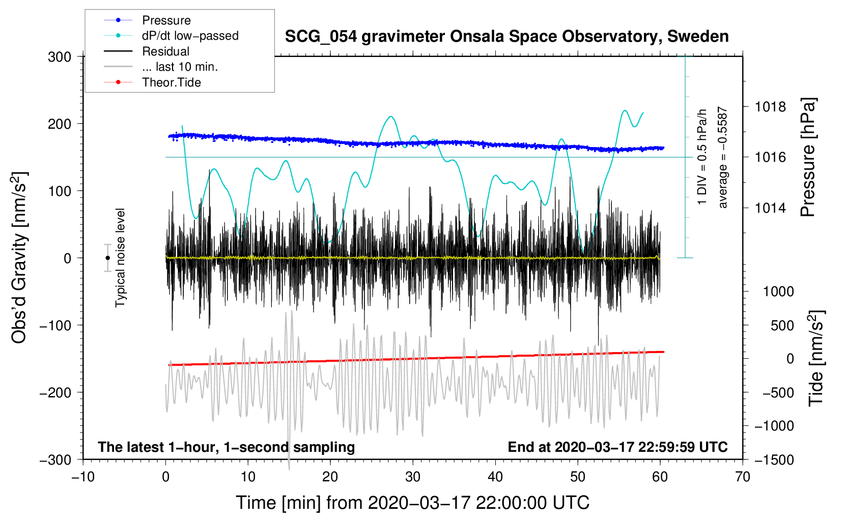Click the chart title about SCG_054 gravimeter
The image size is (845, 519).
pyautogui.click(x=506, y=37)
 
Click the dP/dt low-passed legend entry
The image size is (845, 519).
pyautogui.click(x=190, y=36)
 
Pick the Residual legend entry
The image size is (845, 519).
pyautogui.click(x=165, y=51)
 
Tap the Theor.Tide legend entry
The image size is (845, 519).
pyautogui.click(x=171, y=82)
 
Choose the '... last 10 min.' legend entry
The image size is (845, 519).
pyautogui.click(x=180, y=67)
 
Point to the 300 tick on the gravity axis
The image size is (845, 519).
pyautogui.click(x=60, y=57)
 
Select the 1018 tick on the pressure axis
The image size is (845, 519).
pyautogui.click(x=770, y=107)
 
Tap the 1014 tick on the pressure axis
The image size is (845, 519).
pyautogui.click(x=770, y=208)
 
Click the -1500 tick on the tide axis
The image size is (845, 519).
pyautogui.click(x=774, y=460)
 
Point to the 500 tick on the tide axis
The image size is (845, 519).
pyautogui.click(x=782, y=326)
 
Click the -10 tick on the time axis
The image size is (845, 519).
pyautogui.click(x=83, y=477)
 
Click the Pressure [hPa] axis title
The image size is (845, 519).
pyautogui.click(x=808, y=157)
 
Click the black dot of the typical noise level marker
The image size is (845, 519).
pyautogui.click(x=108, y=258)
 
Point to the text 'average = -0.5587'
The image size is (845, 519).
pyautogui.click(x=723, y=157)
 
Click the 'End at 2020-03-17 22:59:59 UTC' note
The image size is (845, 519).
pyautogui.click(x=617, y=447)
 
